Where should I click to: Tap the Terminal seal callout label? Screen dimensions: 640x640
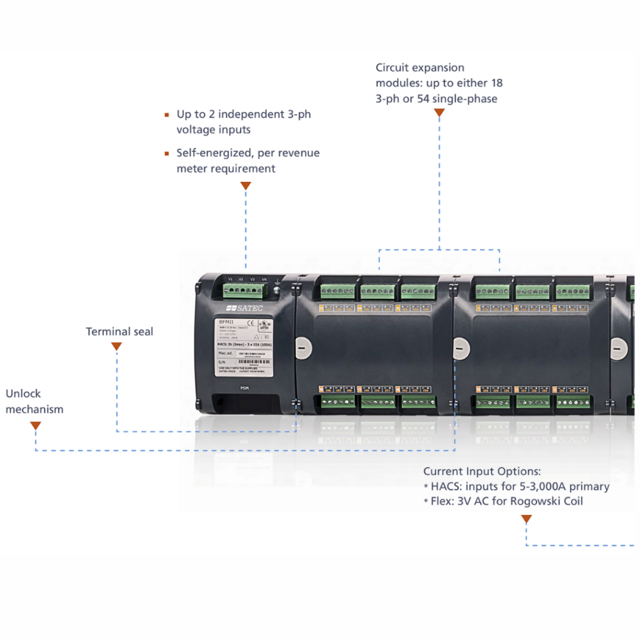tap(119, 331)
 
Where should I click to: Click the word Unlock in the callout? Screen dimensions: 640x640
tap(23, 394)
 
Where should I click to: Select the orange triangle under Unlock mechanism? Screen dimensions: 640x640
tap(36, 426)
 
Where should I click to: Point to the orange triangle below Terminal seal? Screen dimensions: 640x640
tap(116, 346)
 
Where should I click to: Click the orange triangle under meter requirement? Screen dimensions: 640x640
tap(246, 186)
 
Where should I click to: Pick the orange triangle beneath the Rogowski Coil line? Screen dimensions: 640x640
tap(526, 519)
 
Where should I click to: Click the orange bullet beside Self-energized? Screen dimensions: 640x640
tap(167, 153)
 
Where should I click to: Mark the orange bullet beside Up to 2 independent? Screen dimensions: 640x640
tap(167, 115)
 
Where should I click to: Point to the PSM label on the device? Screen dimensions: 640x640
tap(245, 388)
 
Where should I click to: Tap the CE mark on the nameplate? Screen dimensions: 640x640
tap(245, 324)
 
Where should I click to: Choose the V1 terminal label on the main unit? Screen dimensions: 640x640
tap(230, 279)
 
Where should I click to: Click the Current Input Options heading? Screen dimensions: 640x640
tap(482, 471)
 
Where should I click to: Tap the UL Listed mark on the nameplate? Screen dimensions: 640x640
tap(263, 326)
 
